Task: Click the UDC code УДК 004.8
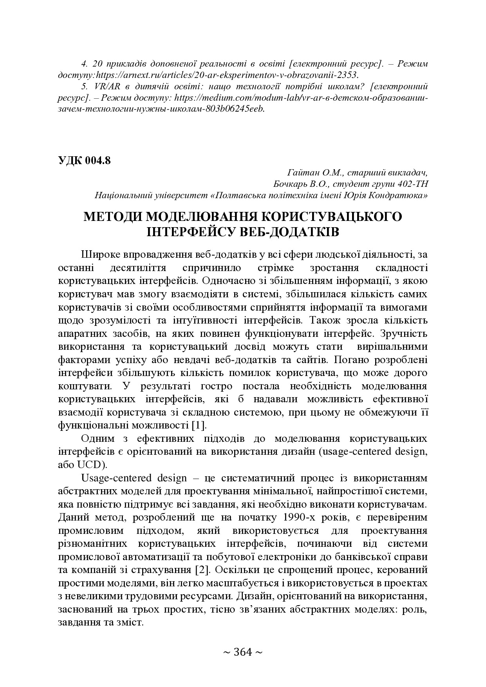pyautogui.click(x=84, y=161)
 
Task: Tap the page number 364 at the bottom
pyautogui.click(x=242, y=652)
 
